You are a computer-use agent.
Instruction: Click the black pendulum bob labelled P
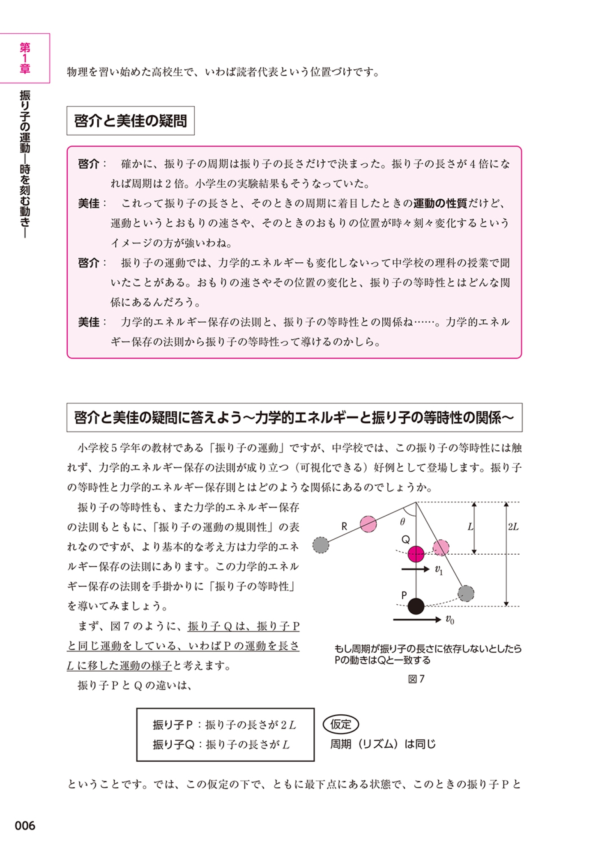[x=416, y=606]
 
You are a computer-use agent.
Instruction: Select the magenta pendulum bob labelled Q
[x=416, y=554]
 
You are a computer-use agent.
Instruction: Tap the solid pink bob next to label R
[x=368, y=524]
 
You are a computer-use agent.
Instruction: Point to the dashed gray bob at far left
[x=321, y=545]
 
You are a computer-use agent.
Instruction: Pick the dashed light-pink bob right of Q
[x=441, y=547]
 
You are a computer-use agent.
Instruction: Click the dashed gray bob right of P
[x=466, y=593]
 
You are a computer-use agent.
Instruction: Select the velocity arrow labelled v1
[x=415, y=569]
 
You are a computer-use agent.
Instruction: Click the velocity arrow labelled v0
[x=417, y=620]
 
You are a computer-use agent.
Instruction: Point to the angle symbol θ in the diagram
[x=402, y=522]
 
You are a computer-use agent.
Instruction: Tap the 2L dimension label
[x=513, y=527]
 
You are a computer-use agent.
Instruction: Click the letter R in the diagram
[x=344, y=527]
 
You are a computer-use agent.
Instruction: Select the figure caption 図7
[x=416, y=679]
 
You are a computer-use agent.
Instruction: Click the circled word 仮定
[x=341, y=724]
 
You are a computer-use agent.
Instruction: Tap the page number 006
[x=25, y=826]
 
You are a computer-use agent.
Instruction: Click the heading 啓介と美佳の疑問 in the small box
[x=131, y=121]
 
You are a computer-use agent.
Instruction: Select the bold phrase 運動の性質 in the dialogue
[x=440, y=203]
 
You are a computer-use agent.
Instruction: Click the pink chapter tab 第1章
[x=25, y=58]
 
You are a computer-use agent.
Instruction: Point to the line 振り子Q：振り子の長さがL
[x=221, y=745]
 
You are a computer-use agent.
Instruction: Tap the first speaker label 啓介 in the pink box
[x=89, y=164]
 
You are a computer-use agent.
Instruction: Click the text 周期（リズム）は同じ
[x=383, y=744]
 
